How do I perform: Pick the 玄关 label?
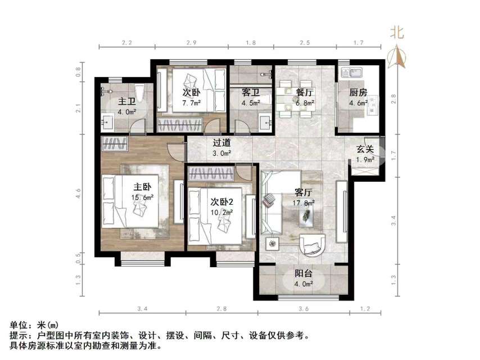(x=365, y=150)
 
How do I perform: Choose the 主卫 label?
(x=126, y=101)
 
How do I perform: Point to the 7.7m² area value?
(x=191, y=103)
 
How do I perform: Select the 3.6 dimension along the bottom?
(x=304, y=309)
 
